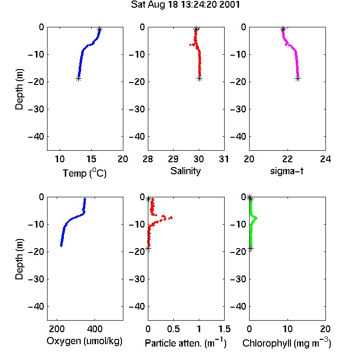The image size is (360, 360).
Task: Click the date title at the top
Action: pyautogui.click(x=185, y=5)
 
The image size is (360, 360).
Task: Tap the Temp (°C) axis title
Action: pyautogui.click(x=84, y=173)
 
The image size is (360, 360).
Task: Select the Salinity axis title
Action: pyautogui.click(x=185, y=171)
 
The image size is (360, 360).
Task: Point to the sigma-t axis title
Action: pyautogui.click(x=287, y=171)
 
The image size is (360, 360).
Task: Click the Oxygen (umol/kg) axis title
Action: pyautogui.click(x=84, y=341)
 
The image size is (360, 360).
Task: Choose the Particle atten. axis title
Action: pyautogui.click(x=185, y=343)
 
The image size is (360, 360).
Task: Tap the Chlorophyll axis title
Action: pyautogui.click(x=287, y=343)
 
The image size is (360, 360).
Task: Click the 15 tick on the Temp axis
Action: pyautogui.click(x=91, y=159)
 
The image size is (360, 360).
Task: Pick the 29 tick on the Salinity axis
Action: pyautogui.click(x=173, y=159)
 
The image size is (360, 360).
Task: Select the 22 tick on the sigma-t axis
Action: pyautogui.click(x=288, y=159)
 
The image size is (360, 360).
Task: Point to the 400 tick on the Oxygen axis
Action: pyautogui.click(x=95, y=329)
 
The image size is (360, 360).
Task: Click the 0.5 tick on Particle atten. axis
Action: pyautogui.click(x=173, y=329)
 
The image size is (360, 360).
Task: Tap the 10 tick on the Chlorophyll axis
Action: pyautogui.click(x=288, y=329)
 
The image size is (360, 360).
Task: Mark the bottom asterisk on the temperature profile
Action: pyautogui.click(x=79, y=79)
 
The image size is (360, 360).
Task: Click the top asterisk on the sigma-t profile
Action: pyautogui.click(x=283, y=29)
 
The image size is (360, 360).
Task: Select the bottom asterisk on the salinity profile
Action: pyautogui.click(x=200, y=79)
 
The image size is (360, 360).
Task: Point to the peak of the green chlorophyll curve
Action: pyautogui.click(x=256, y=218)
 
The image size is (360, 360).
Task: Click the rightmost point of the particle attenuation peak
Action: pyautogui.click(x=170, y=217)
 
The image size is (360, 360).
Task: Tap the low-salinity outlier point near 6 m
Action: pyautogui.click(x=191, y=45)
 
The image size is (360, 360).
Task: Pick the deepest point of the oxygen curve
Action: pyautogui.click(x=61, y=246)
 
